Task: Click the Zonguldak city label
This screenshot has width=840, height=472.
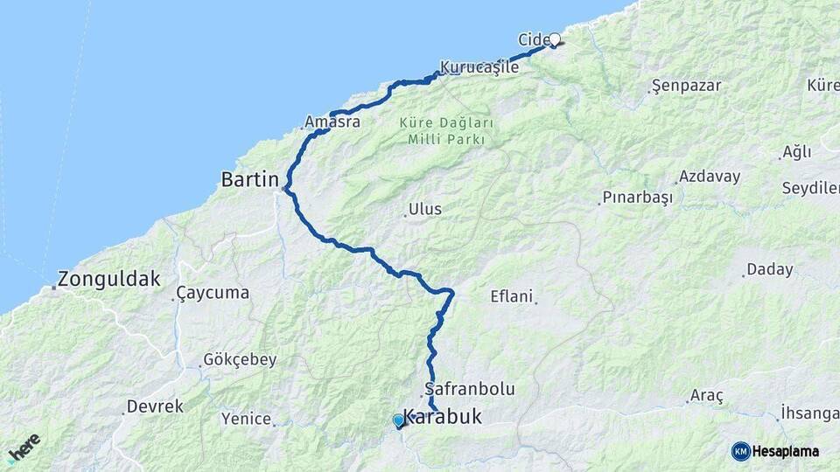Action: [x=109, y=280]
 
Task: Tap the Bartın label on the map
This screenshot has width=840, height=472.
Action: [x=250, y=180]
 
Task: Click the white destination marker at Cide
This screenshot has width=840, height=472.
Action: [x=555, y=39]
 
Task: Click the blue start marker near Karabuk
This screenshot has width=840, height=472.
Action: [x=399, y=420]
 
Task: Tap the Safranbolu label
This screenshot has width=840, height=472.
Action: [x=469, y=388]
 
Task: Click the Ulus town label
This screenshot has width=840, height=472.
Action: [x=424, y=210]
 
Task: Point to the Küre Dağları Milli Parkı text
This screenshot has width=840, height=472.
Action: [x=446, y=131]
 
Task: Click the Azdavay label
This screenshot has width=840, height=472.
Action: [x=709, y=177]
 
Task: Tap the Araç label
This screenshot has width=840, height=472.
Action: [x=707, y=396]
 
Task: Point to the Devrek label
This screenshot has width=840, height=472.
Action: [x=155, y=406]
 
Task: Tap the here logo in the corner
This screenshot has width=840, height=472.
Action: [x=24, y=448]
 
